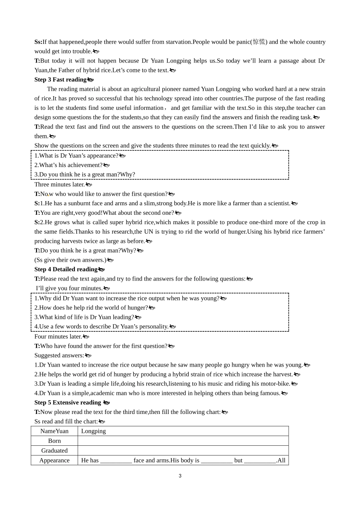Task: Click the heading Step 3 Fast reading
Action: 61,80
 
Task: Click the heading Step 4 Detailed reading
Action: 66,269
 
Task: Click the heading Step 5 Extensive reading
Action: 68,403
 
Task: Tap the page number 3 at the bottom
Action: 180,476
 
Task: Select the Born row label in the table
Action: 55,441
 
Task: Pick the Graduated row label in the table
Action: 55,451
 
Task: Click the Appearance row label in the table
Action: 55,461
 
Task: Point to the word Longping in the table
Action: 94,431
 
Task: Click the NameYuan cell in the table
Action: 55,431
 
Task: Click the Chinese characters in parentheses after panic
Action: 259,42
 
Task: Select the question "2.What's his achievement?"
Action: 69,165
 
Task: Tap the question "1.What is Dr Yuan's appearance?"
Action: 76,156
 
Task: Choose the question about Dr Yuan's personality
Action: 101,326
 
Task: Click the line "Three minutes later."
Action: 59,184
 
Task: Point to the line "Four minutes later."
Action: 58,336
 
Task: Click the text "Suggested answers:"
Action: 59,355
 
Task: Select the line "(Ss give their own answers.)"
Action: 70,260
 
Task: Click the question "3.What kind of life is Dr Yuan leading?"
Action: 84,317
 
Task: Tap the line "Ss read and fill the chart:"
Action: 66,422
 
